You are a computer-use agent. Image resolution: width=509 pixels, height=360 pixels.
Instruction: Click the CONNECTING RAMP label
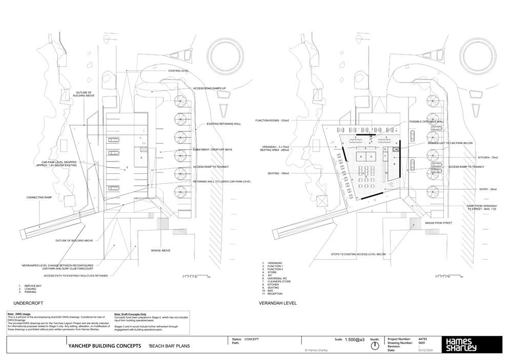[39, 197]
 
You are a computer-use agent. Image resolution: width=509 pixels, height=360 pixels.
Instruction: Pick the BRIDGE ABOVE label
[160, 250]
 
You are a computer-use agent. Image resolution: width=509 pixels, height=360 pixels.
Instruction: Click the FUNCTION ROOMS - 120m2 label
[272, 121]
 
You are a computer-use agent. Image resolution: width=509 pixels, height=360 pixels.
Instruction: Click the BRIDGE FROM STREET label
[439, 223]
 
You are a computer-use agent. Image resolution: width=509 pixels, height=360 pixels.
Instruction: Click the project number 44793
[422, 339]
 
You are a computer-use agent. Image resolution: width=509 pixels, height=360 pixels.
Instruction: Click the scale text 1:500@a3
[355, 339]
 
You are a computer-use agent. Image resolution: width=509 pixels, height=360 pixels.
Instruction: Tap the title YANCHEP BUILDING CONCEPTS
[105, 346]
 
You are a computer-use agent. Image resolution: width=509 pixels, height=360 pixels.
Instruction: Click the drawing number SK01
[422, 343]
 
